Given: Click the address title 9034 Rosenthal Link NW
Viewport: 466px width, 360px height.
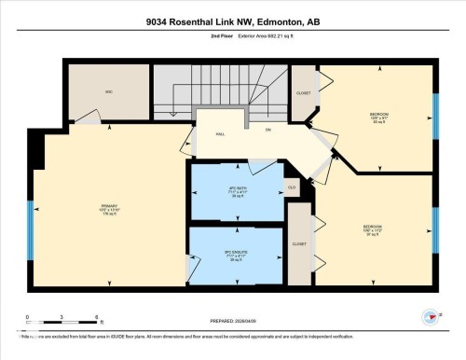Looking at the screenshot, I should tap(233, 21).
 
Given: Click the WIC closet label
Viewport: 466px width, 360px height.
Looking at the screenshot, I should tap(109, 92).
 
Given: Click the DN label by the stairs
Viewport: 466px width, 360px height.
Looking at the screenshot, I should tap(267, 130).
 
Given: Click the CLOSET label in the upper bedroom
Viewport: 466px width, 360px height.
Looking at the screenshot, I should tap(304, 93).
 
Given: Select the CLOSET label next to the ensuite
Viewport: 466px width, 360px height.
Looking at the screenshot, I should tap(299, 243).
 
